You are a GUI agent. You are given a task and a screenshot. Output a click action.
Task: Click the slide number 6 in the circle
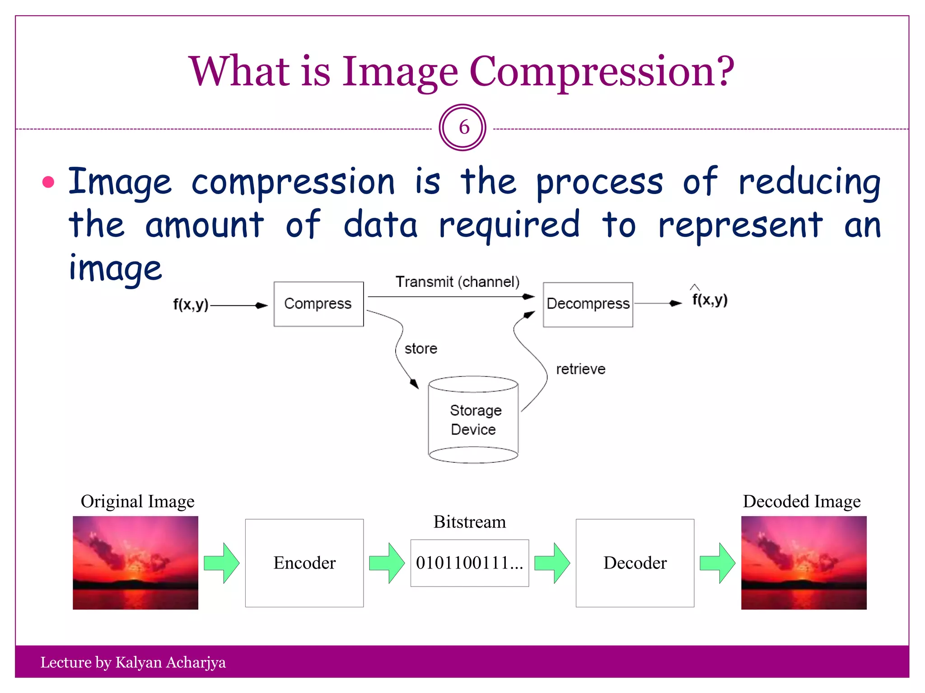click(x=463, y=128)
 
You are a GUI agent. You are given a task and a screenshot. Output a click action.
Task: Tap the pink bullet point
click(x=48, y=182)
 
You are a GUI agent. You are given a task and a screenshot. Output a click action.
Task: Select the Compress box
click(x=318, y=304)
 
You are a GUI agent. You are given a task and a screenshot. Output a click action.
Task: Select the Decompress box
click(x=588, y=304)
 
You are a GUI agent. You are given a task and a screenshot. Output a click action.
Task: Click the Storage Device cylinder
click(x=473, y=420)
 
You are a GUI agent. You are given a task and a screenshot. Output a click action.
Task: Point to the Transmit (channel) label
click(x=457, y=282)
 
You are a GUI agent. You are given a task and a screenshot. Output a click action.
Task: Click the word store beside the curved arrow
click(x=420, y=349)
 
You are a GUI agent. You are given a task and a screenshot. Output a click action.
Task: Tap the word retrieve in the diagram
click(x=580, y=369)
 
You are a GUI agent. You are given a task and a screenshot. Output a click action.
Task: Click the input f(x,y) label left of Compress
click(x=191, y=305)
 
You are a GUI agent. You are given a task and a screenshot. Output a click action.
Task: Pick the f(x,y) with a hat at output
click(x=710, y=300)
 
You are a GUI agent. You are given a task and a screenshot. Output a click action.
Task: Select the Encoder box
click(x=304, y=563)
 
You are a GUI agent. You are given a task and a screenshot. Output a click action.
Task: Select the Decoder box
click(x=635, y=563)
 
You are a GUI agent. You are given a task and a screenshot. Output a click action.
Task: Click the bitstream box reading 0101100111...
click(x=469, y=563)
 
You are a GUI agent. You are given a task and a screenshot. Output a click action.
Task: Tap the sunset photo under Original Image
click(x=135, y=563)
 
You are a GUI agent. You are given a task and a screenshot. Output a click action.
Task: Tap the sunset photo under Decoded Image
click(x=804, y=563)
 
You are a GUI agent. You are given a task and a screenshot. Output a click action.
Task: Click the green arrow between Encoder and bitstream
click(x=387, y=563)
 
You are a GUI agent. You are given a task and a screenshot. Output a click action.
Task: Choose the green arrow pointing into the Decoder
click(x=552, y=563)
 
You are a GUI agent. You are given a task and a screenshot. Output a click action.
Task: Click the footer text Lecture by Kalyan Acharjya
click(x=133, y=662)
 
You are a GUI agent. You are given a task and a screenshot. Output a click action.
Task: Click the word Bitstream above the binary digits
click(x=469, y=522)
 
